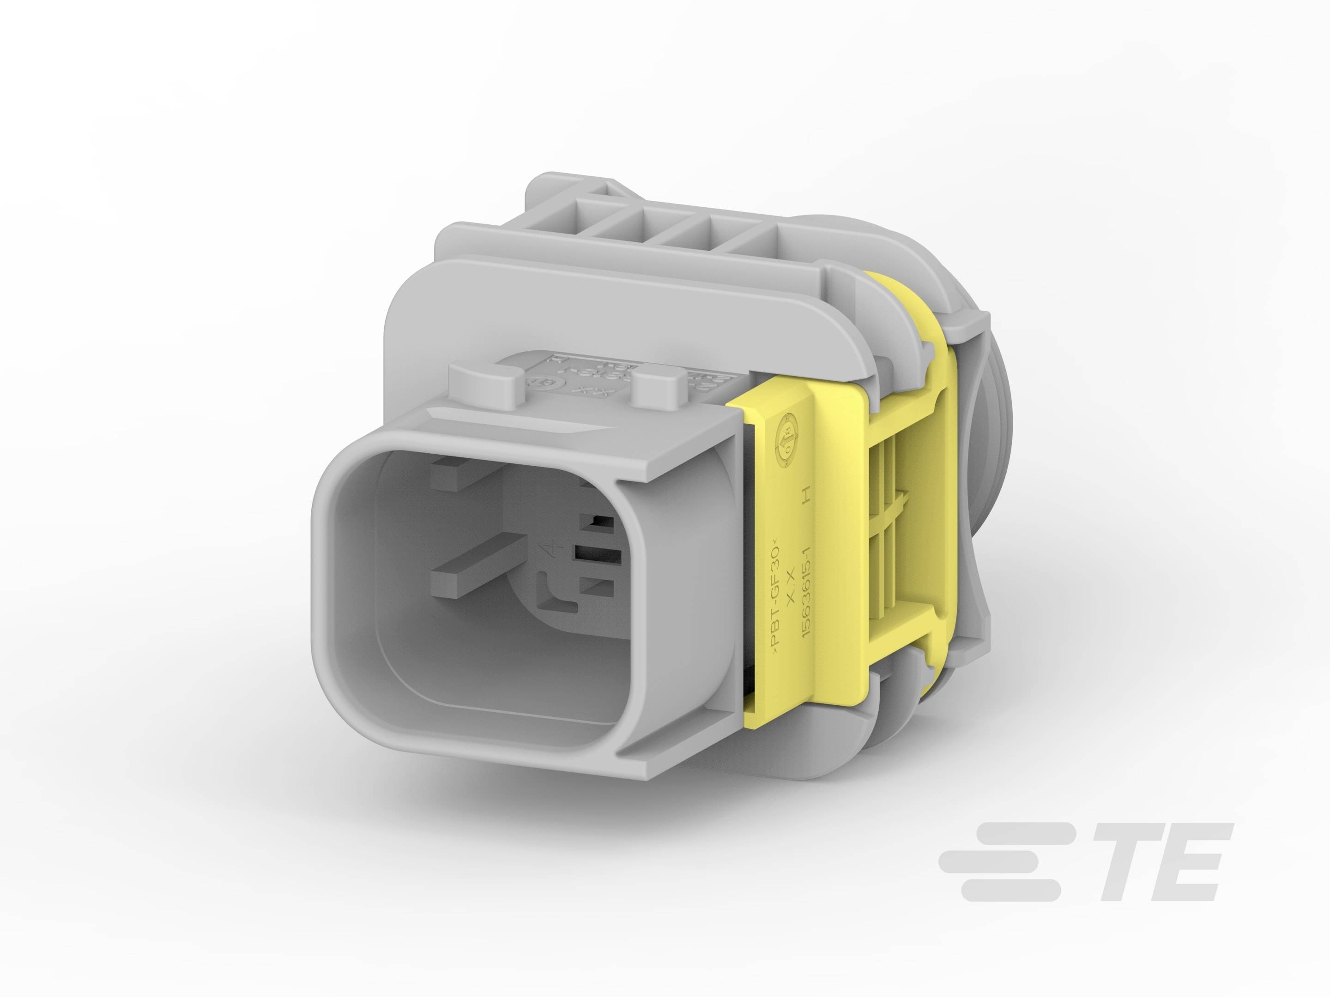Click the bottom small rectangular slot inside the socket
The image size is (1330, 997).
[x=598, y=586]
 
